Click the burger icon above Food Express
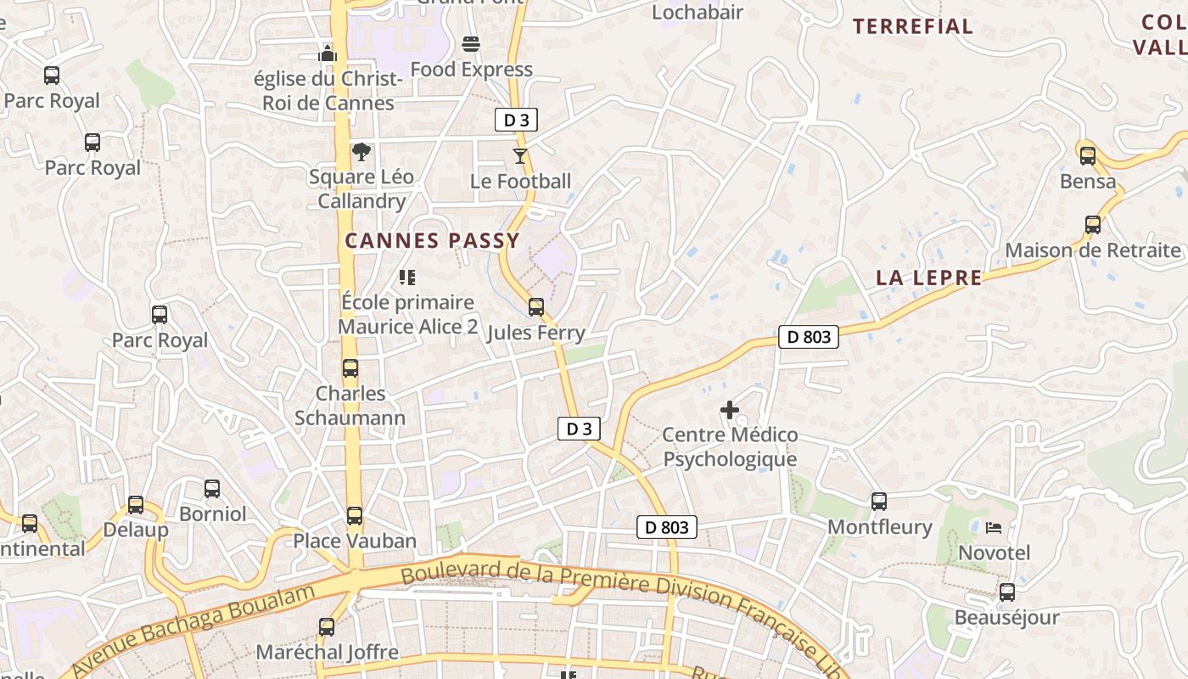click(x=471, y=43)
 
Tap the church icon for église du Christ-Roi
click(x=328, y=53)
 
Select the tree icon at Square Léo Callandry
click(x=361, y=152)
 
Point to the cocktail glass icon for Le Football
click(x=520, y=156)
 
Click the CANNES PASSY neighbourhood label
click(x=432, y=241)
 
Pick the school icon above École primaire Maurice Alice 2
click(x=407, y=277)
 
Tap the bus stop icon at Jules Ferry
click(x=536, y=306)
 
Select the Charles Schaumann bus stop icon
click(x=350, y=368)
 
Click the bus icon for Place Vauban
click(x=355, y=515)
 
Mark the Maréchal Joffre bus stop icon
click(x=327, y=627)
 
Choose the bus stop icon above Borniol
click(x=212, y=489)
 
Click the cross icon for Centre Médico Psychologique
click(x=729, y=410)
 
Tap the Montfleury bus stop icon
click(x=879, y=502)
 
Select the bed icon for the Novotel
click(x=994, y=528)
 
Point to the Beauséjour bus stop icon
click(x=1007, y=592)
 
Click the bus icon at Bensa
click(x=1088, y=155)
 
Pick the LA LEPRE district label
click(x=929, y=278)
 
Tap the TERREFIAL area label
click(x=913, y=26)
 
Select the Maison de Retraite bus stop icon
click(x=1093, y=225)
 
